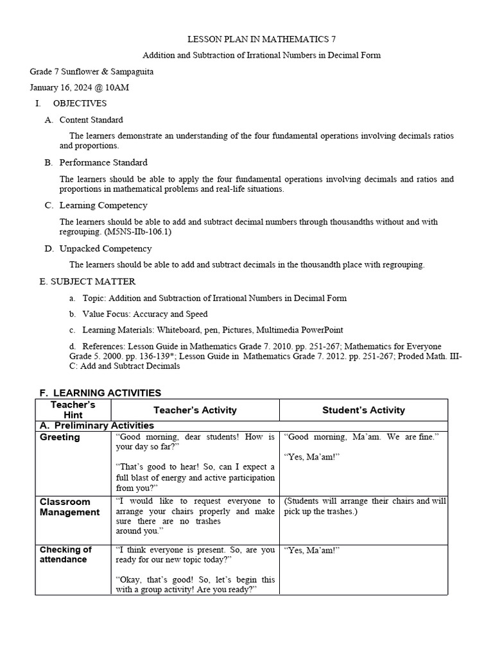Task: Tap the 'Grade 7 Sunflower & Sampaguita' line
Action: tap(92, 71)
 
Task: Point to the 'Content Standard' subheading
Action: tap(91, 120)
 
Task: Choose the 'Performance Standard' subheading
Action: tap(103, 162)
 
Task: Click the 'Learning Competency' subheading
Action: tap(103, 205)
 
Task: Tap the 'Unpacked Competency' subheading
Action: tap(105, 248)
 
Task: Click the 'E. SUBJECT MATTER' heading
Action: tap(87, 281)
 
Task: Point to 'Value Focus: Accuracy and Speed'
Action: tap(145, 314)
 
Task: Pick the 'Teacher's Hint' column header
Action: tap(73, 410)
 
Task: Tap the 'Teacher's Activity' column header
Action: tap(195, 410)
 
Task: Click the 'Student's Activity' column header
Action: tap(363, 410)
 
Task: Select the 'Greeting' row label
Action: tap(60, 438)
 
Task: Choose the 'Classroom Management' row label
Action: tap(69, 507)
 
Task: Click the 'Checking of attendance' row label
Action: tap(65, 554)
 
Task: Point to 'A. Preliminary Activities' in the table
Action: tap(96, 425)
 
